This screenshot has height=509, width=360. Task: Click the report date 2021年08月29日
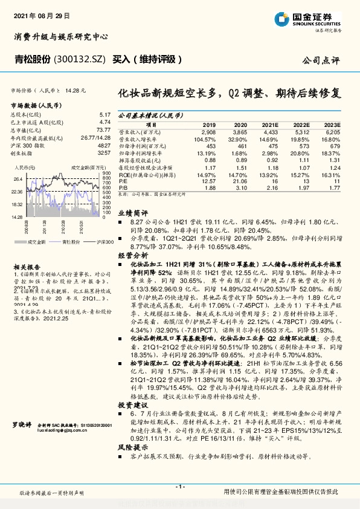point(42,14)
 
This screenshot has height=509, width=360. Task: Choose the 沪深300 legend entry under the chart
point(104,242)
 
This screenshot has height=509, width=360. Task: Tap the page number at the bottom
point(180,487)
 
